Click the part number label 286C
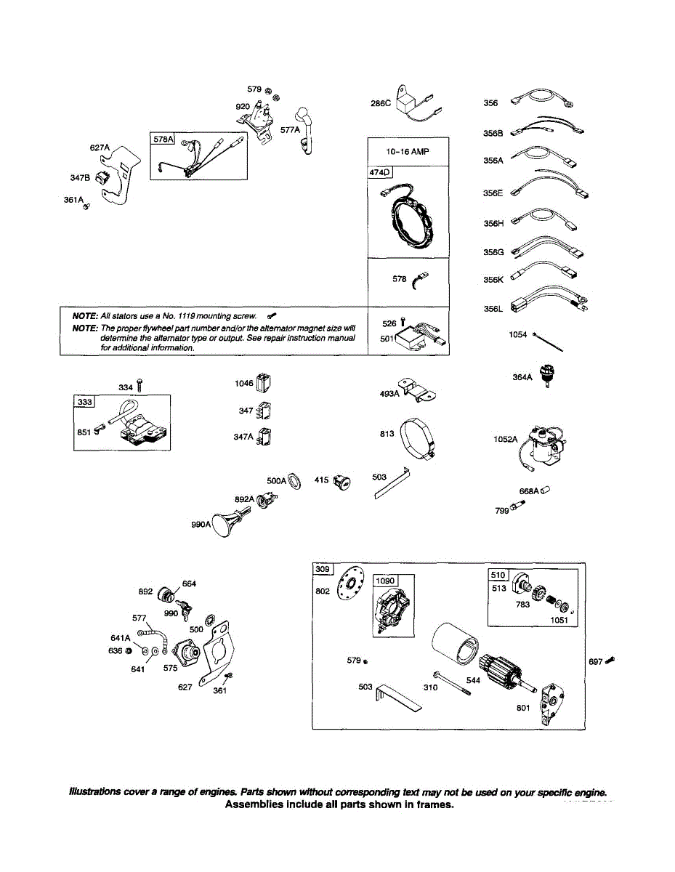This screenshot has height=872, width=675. [381, 103]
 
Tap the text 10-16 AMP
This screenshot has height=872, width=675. [408, 152]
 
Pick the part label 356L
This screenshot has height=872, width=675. [493, 308]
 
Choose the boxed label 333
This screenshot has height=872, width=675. [84, 402]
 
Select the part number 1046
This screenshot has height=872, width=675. [243, 383]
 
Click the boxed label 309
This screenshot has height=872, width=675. [322, 568]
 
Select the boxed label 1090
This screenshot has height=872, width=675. [386, 581]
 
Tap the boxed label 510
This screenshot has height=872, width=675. [498, 575]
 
